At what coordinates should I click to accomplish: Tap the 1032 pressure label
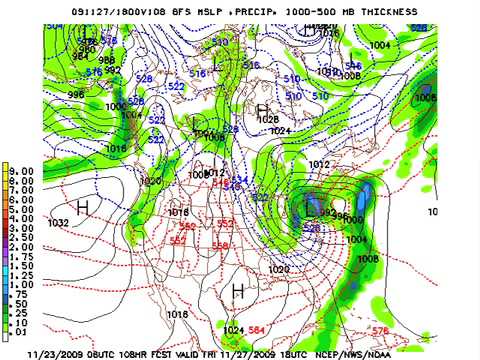(x=60, y=222)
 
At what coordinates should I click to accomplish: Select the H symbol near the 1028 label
(x=263, y=109)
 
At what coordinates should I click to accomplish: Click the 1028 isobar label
(x=268, y=121)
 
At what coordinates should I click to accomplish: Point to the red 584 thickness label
(x=257, y=329)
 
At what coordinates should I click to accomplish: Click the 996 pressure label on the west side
(x=48, y=95)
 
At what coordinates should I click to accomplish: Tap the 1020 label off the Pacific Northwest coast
(x=151, y=181)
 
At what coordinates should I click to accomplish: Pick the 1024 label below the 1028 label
(x=280, y=130)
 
